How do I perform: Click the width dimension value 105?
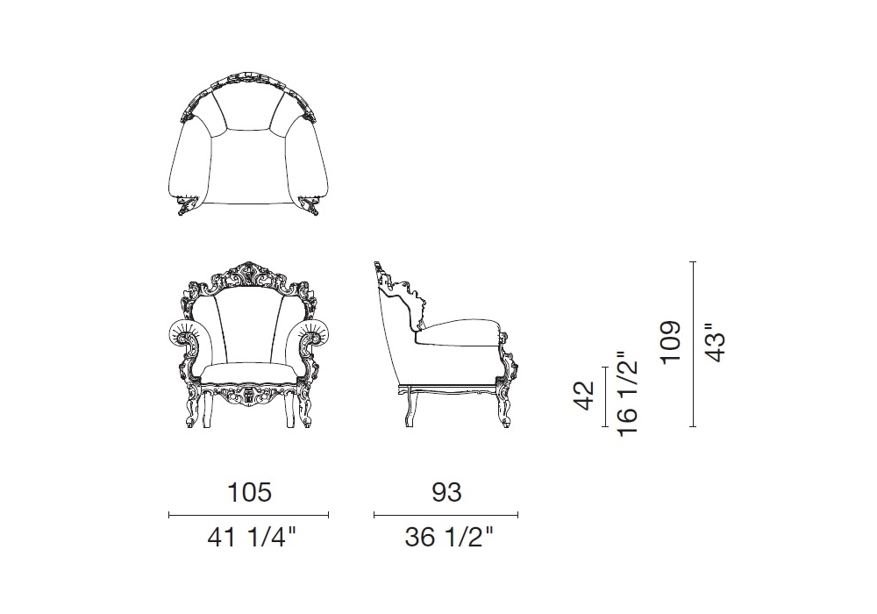(249, 492)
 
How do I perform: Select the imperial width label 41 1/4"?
(251, 538)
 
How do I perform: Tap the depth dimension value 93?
(447, 492)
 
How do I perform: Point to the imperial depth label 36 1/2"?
(449, 538)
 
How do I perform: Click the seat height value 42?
(585, 396)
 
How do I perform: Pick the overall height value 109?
(671, 342)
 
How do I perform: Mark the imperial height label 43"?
(715, 342)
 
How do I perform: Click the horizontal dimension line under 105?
(249, 515)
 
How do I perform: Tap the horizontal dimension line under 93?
(446, 515)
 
